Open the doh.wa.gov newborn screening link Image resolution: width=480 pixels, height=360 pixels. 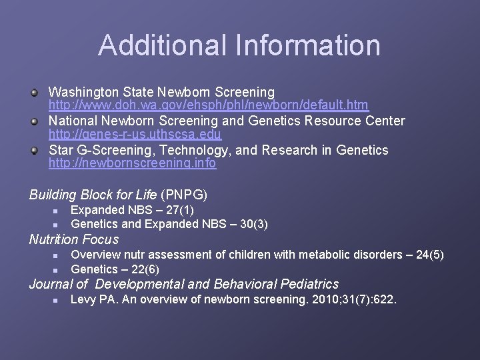click(209, 105)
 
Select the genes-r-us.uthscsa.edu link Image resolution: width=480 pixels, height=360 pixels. click(135, 135)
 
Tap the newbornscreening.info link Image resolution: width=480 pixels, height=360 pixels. click(132, 163)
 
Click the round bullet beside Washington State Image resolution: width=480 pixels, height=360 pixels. click(34, 92)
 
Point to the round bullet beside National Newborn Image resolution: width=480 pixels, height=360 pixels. click(34, 121)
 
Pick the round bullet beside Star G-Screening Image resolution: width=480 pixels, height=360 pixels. click(34, 150)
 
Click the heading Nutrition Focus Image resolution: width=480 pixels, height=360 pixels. click(73, 239)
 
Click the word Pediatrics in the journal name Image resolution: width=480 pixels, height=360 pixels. click(305, 284)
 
